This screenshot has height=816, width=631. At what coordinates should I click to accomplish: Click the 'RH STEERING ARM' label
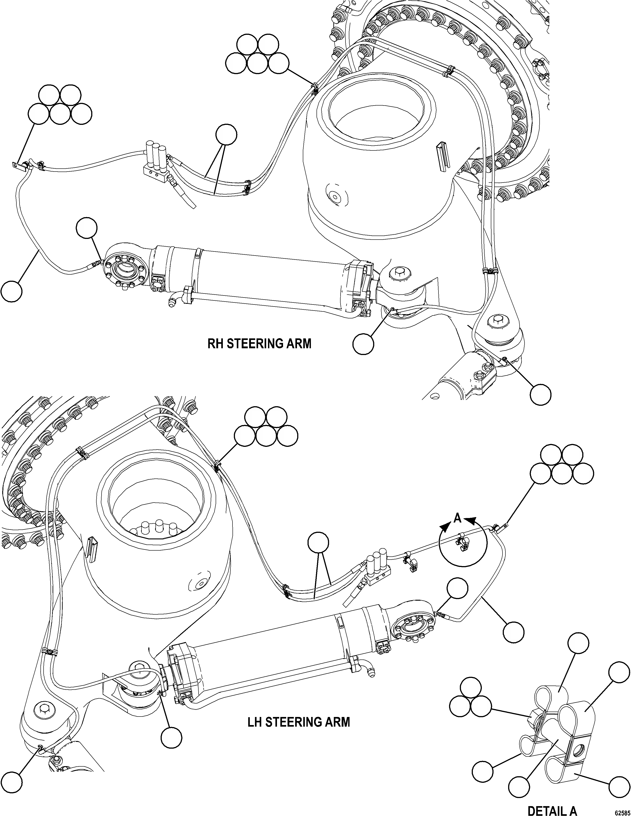pyautogui.click(x=259, y=343)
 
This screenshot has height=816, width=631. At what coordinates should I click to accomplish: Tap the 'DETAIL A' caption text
pyautogui.click(x=552, y=809)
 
